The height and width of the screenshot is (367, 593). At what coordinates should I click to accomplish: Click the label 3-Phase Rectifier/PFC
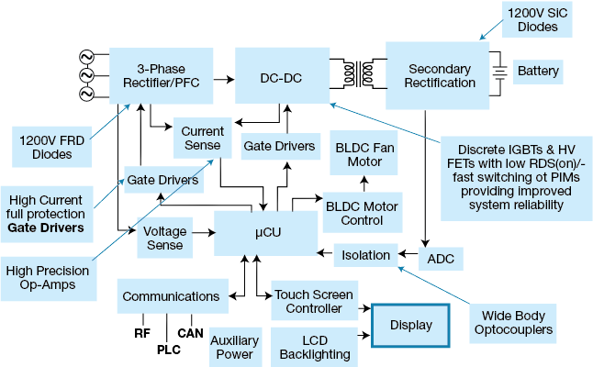(x=168, y=75)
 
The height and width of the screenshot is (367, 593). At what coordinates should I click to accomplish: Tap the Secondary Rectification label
(x=440, y=76)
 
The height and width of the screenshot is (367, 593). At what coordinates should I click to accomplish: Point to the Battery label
(x=538, y=71)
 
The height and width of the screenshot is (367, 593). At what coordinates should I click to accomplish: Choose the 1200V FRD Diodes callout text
(x=46, y=147)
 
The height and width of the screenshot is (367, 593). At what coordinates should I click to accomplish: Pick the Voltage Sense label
(x=163, y=239)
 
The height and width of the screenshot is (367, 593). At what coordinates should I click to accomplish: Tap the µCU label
(x=268, y=233)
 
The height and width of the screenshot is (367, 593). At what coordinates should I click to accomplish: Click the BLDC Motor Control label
(x=367, y=214)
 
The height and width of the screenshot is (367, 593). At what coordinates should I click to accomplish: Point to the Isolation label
(x=365, y=255)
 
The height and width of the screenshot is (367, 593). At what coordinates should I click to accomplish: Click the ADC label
(x=441, y=260)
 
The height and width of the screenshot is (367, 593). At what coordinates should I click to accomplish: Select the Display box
(x=410, y=325)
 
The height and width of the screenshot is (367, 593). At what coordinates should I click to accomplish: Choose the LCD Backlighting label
(x=314, y=347)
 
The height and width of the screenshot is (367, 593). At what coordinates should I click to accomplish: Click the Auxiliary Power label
(x=231, y=347)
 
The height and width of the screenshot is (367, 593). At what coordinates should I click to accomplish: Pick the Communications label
(x=171, y=296)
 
